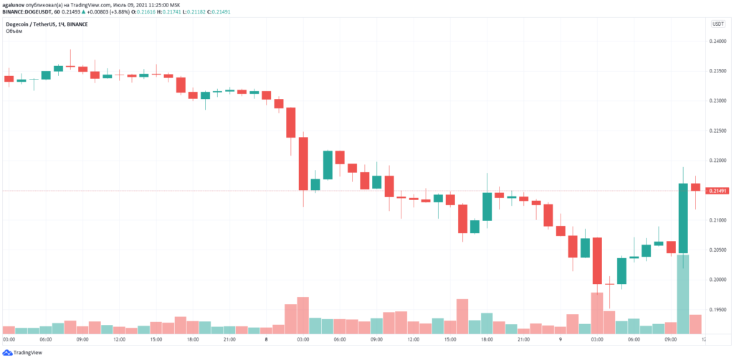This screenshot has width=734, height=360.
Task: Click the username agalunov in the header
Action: click(x=18, y=4)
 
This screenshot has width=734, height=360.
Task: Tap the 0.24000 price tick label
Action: click(x=718, y=42)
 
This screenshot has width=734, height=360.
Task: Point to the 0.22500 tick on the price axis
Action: click(x=718, y=131)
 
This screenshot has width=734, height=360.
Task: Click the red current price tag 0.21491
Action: click(x=718, y=191)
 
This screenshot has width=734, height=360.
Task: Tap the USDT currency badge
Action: click(x=718, y=24)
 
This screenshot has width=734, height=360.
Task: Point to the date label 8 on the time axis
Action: click(x=266, y=339)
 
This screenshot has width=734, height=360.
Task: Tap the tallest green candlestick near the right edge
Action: click(x=683, y=219)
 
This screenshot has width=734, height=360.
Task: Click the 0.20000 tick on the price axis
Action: click(x=718, y=280)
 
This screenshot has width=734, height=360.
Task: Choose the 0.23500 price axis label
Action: click(x=718, y=71)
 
